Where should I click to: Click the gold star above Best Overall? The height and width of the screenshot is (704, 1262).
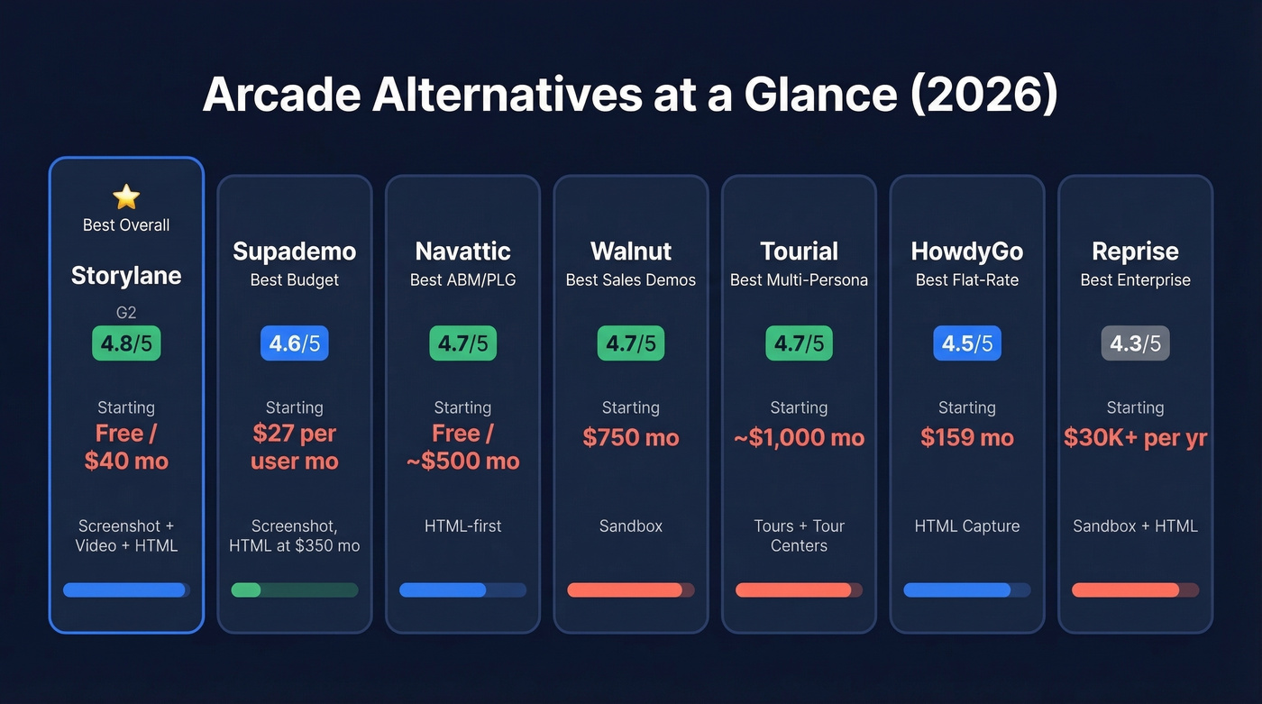(x=126, y=197)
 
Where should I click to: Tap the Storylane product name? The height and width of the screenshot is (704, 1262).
(x=126, y=275)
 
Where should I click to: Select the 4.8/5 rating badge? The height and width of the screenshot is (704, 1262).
(x=126, y=343)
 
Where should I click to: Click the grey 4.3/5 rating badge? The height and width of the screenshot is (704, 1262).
(x=1135, y=343)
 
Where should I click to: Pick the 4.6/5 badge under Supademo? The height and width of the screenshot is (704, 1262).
(x=294, y=343)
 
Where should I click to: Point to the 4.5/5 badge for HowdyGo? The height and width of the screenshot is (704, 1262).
(x=967, y=343)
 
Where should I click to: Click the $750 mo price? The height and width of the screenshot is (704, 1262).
(x=631, y=438)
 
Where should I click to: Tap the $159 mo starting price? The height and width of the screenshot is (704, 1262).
(x=967, y=438)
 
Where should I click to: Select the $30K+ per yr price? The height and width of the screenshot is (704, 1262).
(x=1135, y=438)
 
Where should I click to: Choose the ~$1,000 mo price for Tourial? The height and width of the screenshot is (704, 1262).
(x=799, y=438)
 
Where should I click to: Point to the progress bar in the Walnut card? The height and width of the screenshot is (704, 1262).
(x=631, y=590)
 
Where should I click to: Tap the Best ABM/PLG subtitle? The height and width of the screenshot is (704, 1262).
(x=462, y=280)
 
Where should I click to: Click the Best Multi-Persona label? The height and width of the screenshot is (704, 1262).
(x=799, y=280)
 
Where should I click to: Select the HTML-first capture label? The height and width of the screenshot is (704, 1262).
(x=462, y=526)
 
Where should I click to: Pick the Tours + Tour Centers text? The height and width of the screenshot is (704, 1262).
(x=799, y=535)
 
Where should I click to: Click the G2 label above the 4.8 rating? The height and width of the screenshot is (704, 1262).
(x=126, y=314)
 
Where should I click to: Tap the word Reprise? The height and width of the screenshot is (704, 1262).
(x=1135, y=251)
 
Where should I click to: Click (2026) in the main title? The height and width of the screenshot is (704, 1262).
(x=983, y=94)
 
